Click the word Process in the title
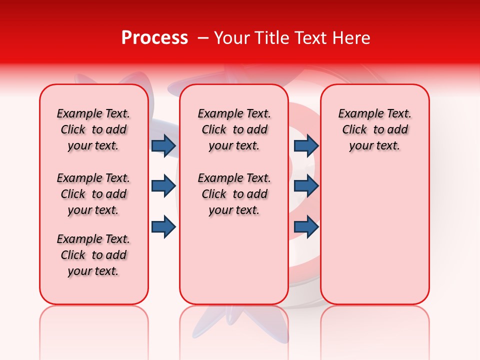pyautogui.click(x=154, y=38)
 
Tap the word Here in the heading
pyautogui.click(x=352, y=38)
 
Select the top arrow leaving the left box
pyautogui.click(x=163, y=145)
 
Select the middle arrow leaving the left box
pyautogui.click(x=163, y=186)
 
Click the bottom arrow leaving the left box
pyautogui.click(x=163, y=226)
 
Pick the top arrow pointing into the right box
pyautogui.click(x=306, y=145)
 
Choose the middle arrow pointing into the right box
pyautogui.click(x=306, y=186)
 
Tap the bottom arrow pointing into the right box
pyautogui.click(x=306, y=226)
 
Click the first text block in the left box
pyautogui.click(x=93, y=129)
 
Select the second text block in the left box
pyautogui.click(x=93, y=194)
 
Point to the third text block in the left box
pyautogui.click(x=93, y=255)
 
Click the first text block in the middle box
pyautogui.click(x=234, y=129)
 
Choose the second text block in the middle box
pyautogui.click(x=234, y=194)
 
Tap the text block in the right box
pyautogui.click(x=374, y=129)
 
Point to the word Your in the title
pyautogui.click(x=232, y=38)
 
